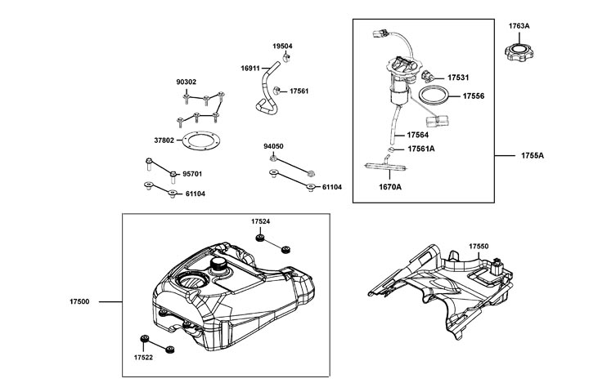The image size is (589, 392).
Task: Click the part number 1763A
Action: [519, 26]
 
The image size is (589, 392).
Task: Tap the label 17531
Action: [458, 78]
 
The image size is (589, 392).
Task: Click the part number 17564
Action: [417, 136]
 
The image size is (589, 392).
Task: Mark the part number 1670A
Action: [390, 187]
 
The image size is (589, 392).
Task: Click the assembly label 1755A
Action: [532, 154]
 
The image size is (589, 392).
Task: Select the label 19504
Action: [282, 47]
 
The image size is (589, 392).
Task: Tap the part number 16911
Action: [251, 69]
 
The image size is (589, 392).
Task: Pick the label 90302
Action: [187, 82]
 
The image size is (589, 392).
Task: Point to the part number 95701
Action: [192, 174]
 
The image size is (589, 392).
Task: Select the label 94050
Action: [273, 146]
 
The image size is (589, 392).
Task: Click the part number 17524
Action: [260, 222]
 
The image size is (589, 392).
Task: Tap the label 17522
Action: [144, 357]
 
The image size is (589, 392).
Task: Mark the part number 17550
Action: [479, 246]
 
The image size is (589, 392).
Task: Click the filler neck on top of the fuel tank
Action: [222, 266]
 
